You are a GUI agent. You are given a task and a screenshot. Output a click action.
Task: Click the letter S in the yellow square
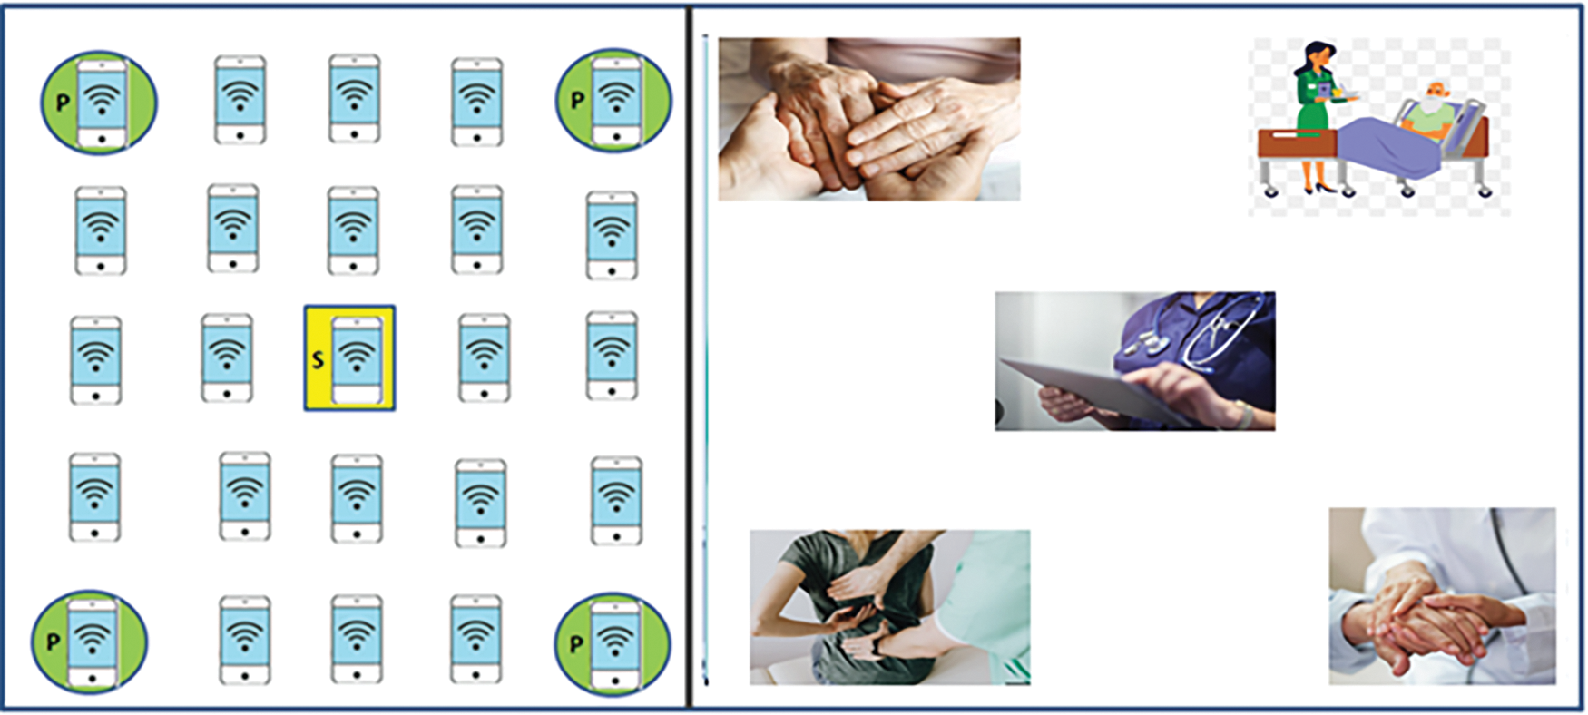coord(318,360)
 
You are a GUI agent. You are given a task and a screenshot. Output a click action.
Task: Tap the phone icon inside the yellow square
coord(357,360)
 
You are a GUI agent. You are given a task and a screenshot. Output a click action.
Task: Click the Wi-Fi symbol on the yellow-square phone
coord(357,354)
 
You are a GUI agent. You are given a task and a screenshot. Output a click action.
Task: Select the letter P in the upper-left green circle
coord(63,103)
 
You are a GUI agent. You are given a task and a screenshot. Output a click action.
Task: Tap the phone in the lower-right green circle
coord(615,644)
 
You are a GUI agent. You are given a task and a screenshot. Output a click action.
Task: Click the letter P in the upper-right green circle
coord(577,101)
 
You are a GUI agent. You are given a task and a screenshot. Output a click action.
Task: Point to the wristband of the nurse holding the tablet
coord(1244,415)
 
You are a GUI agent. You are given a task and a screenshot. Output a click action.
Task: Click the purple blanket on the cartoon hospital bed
coord(1388,146)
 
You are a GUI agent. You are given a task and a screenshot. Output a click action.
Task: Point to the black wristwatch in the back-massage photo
coord(878,646)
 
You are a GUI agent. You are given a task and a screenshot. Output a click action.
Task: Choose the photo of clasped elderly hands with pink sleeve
coord(869,119)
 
